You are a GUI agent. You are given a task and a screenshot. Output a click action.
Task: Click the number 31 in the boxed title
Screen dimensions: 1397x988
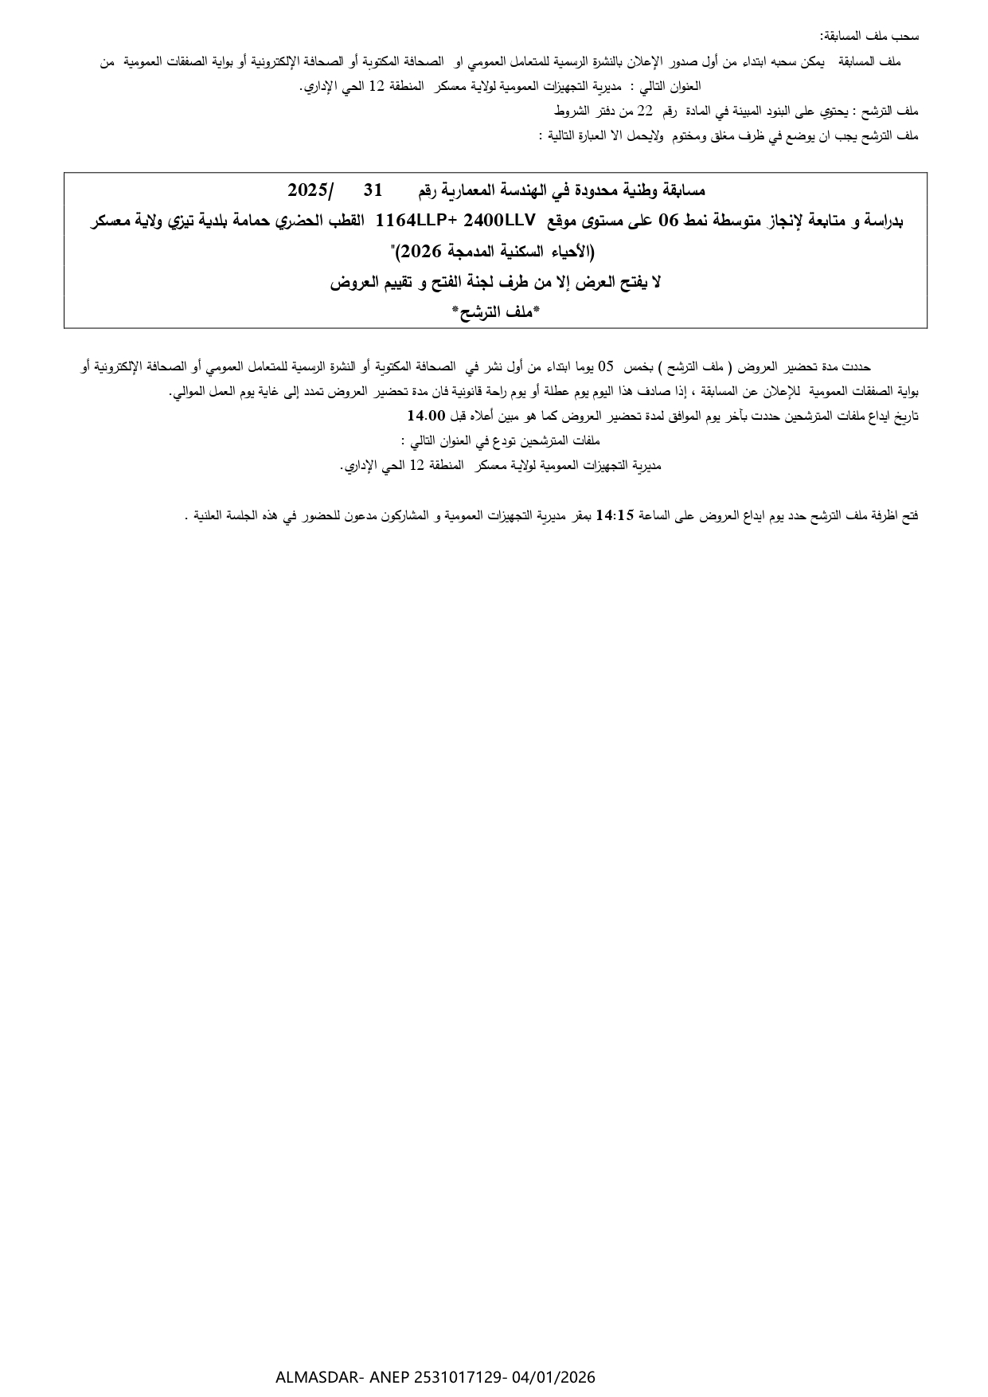tap(373, 190)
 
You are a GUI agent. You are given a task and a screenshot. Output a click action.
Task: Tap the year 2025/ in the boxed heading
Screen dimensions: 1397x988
tap(311, 190)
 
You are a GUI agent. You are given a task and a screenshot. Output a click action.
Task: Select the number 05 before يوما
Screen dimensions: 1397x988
tap(607, 366)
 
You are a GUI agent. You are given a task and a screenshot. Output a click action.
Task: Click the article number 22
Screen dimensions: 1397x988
tap(645, 111)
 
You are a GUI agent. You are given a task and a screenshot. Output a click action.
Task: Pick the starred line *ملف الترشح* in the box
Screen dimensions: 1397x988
tap(495, 312)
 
